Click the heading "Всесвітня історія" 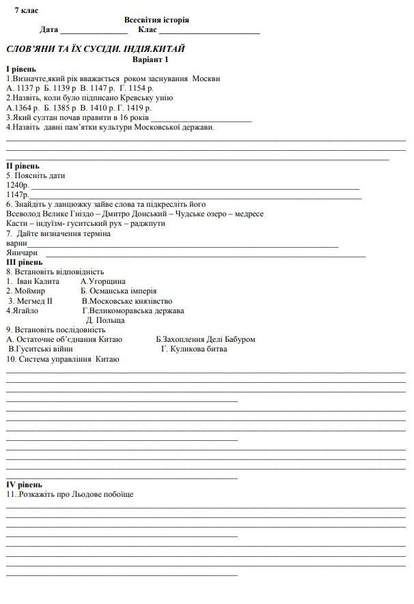[x=156, y=20]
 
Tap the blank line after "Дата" [x=94, y=31]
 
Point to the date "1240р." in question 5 [x=18, y=185]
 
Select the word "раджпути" [x=147, y=223]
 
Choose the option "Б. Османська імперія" [x=118, y=291]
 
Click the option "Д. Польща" [x=105, y=320]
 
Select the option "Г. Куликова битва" [x=194, y=349]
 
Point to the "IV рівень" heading [x=24, y=485]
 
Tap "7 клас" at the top [x=27, y=10]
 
